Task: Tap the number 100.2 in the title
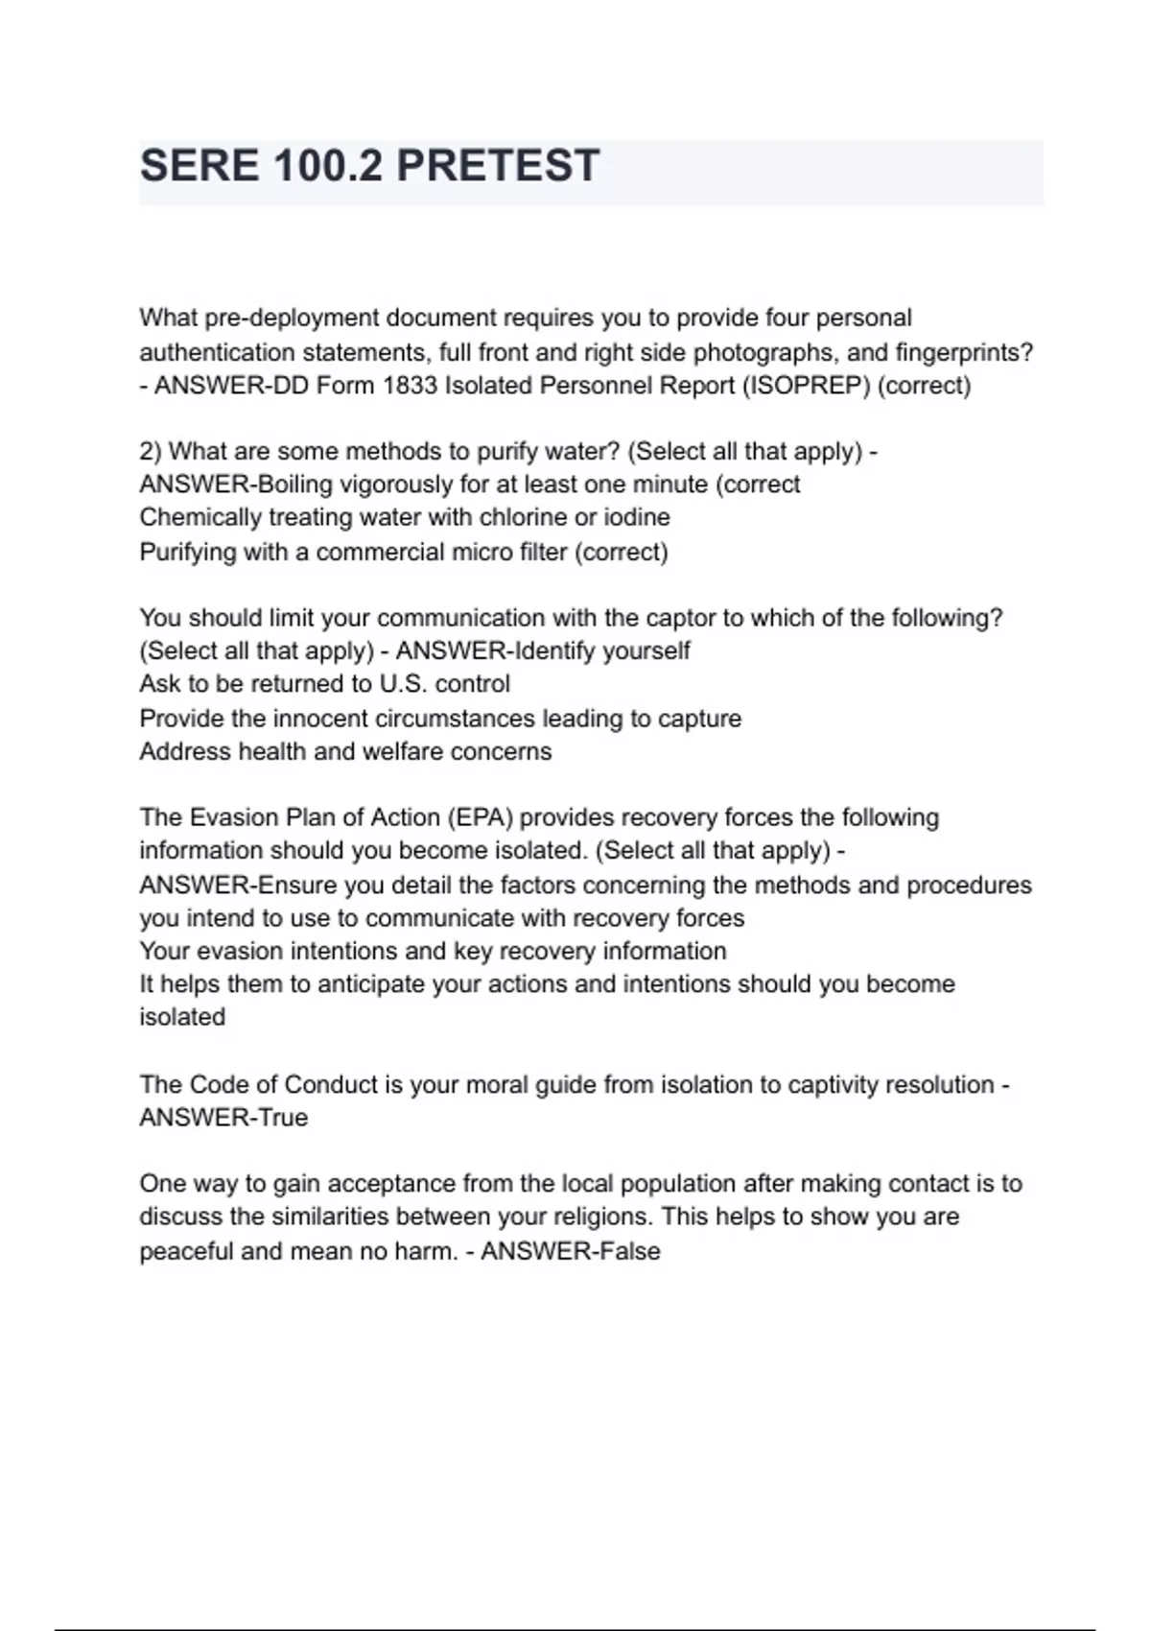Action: click(327, 166)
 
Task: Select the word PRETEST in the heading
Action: click(498, 166)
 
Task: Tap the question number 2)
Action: click(151, 451)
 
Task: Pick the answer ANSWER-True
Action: click(223, 1118)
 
